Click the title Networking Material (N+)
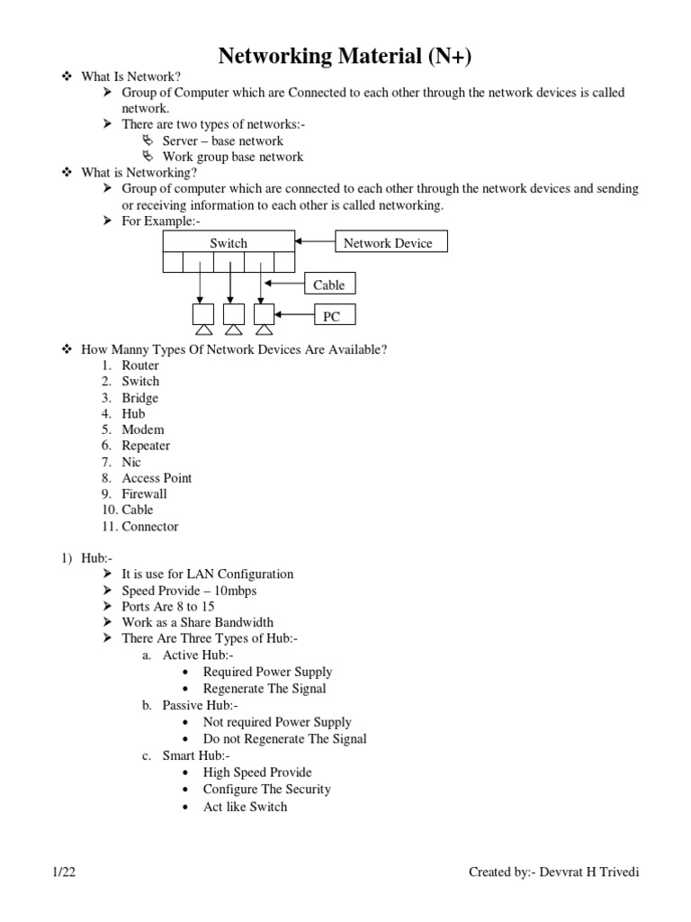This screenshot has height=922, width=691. click(x=345, y=56)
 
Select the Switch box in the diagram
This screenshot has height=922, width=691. click(x=229, y=243)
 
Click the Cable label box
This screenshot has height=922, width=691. click(x=328, y=285)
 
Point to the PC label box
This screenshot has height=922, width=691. click(x=333, y=315)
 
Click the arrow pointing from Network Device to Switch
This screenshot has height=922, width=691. click(x=315, y=242)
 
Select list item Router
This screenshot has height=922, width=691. click(x=140, y=366)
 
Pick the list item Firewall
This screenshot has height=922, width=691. click(x=144, y=494)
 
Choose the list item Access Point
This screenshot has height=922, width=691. click(x=157, y=478)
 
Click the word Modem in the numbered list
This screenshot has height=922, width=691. click(x=143, y=429)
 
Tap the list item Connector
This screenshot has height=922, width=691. click(x=150, y=527)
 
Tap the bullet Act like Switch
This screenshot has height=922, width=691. click(x=245, y=807)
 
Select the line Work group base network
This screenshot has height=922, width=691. click(x=233, y=157)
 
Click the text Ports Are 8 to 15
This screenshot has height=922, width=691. click(x=168, y=606)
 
